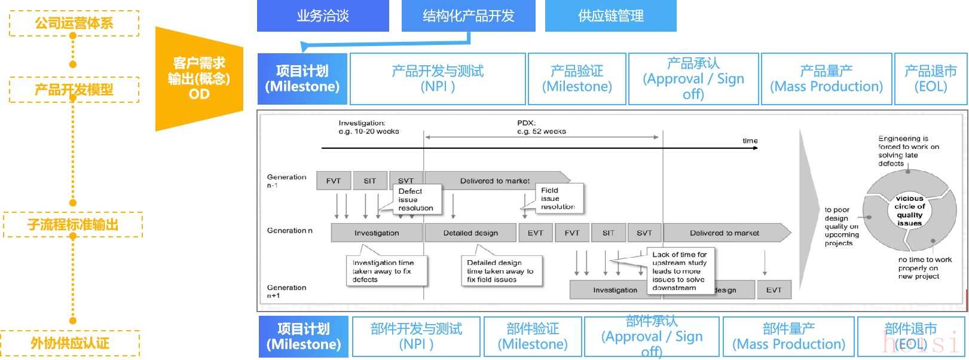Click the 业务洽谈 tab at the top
pos(323,16)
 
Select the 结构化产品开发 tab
pos(468,16)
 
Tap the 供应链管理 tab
pos(610,16)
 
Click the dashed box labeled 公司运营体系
pos(74,23)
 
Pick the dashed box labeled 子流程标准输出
pos(73,225)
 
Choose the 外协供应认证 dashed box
pos(70,343)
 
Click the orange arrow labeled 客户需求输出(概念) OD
pos(199,78)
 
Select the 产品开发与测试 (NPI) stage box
pos(438,78)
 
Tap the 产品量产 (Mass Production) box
pos(826,78)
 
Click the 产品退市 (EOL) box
pos(930,78)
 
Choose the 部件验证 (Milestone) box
pos(532,336)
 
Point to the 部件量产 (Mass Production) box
pos(788,336)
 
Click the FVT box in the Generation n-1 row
pos(334,181)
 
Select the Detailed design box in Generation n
pos(470,233)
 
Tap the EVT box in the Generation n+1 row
pos(774,289)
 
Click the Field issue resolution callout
pos(558,199)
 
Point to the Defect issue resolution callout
pos(416,200)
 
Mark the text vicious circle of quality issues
pos(909,210)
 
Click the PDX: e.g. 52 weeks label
pos(541,127)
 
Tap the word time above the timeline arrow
pos(750,141)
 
